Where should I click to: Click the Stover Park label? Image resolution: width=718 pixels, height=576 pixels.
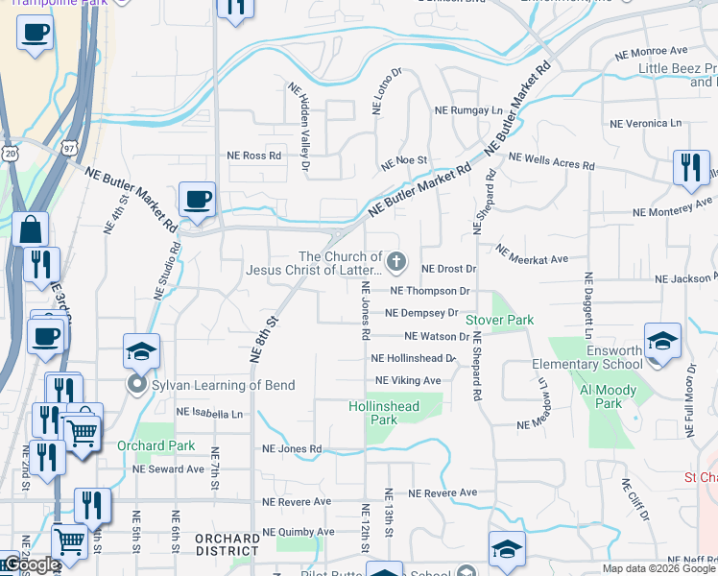click(498, 319)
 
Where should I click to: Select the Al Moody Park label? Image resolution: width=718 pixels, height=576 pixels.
click(601, 396)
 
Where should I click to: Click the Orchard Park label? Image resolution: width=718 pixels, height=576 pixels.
click(156, 445)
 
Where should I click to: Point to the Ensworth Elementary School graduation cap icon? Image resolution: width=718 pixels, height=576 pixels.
click(662, 341)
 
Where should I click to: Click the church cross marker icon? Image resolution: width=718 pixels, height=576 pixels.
click(395, 261)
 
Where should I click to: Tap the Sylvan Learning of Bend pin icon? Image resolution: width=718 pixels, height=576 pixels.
click(136, 385)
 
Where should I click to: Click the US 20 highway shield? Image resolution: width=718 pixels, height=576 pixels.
click(10, 153)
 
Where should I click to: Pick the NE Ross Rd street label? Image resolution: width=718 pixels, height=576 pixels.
click(253, 156)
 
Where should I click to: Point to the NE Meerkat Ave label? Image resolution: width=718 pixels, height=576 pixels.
click(531, 253)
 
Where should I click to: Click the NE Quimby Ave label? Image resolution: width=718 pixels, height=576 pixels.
click(298, 531)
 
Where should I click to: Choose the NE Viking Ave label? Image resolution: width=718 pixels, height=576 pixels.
click(407, 380)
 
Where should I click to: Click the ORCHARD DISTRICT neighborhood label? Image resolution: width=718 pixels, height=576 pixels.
click(227, 544)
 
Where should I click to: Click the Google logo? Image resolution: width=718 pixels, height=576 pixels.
click(32, 564)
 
